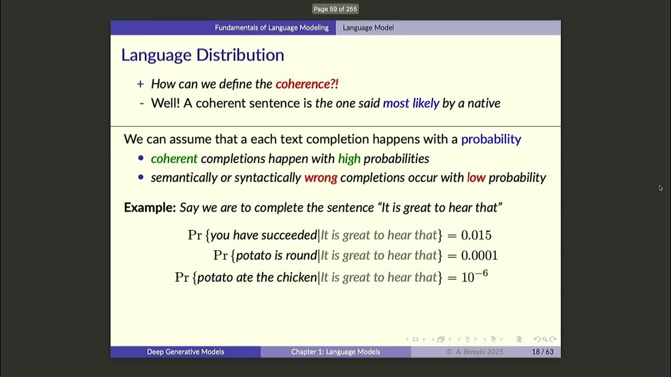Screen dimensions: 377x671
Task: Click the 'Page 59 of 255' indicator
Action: point(335,9)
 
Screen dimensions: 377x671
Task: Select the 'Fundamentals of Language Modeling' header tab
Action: point(272,28)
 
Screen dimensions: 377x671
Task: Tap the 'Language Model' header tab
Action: point(368,28)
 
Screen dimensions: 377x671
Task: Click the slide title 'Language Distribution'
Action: point(202,55)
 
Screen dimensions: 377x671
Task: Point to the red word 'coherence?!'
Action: point(307,84)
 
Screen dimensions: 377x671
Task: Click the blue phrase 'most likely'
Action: point(411,103)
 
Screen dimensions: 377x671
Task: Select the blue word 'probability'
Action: point(491,139)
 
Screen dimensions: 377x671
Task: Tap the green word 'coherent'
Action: point(174,159)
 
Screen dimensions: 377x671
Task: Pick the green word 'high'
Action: point(349,159)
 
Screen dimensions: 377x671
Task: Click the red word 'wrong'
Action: point(320,178)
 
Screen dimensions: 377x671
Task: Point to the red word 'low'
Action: point(476,178)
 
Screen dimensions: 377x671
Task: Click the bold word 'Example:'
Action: point(149,207)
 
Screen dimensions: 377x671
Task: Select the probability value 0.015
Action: point(476,235)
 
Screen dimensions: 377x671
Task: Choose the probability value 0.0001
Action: point(479,256)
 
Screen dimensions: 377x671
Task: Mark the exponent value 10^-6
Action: point(474,276)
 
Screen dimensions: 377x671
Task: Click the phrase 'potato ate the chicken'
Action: point(257,277)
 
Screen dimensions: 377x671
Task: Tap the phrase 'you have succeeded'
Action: point(264,235)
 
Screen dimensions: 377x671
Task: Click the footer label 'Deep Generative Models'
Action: point(185,352)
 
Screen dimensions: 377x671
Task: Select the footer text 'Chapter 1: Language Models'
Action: point(335,352)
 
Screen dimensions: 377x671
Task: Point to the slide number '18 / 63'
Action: point(542,352)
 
